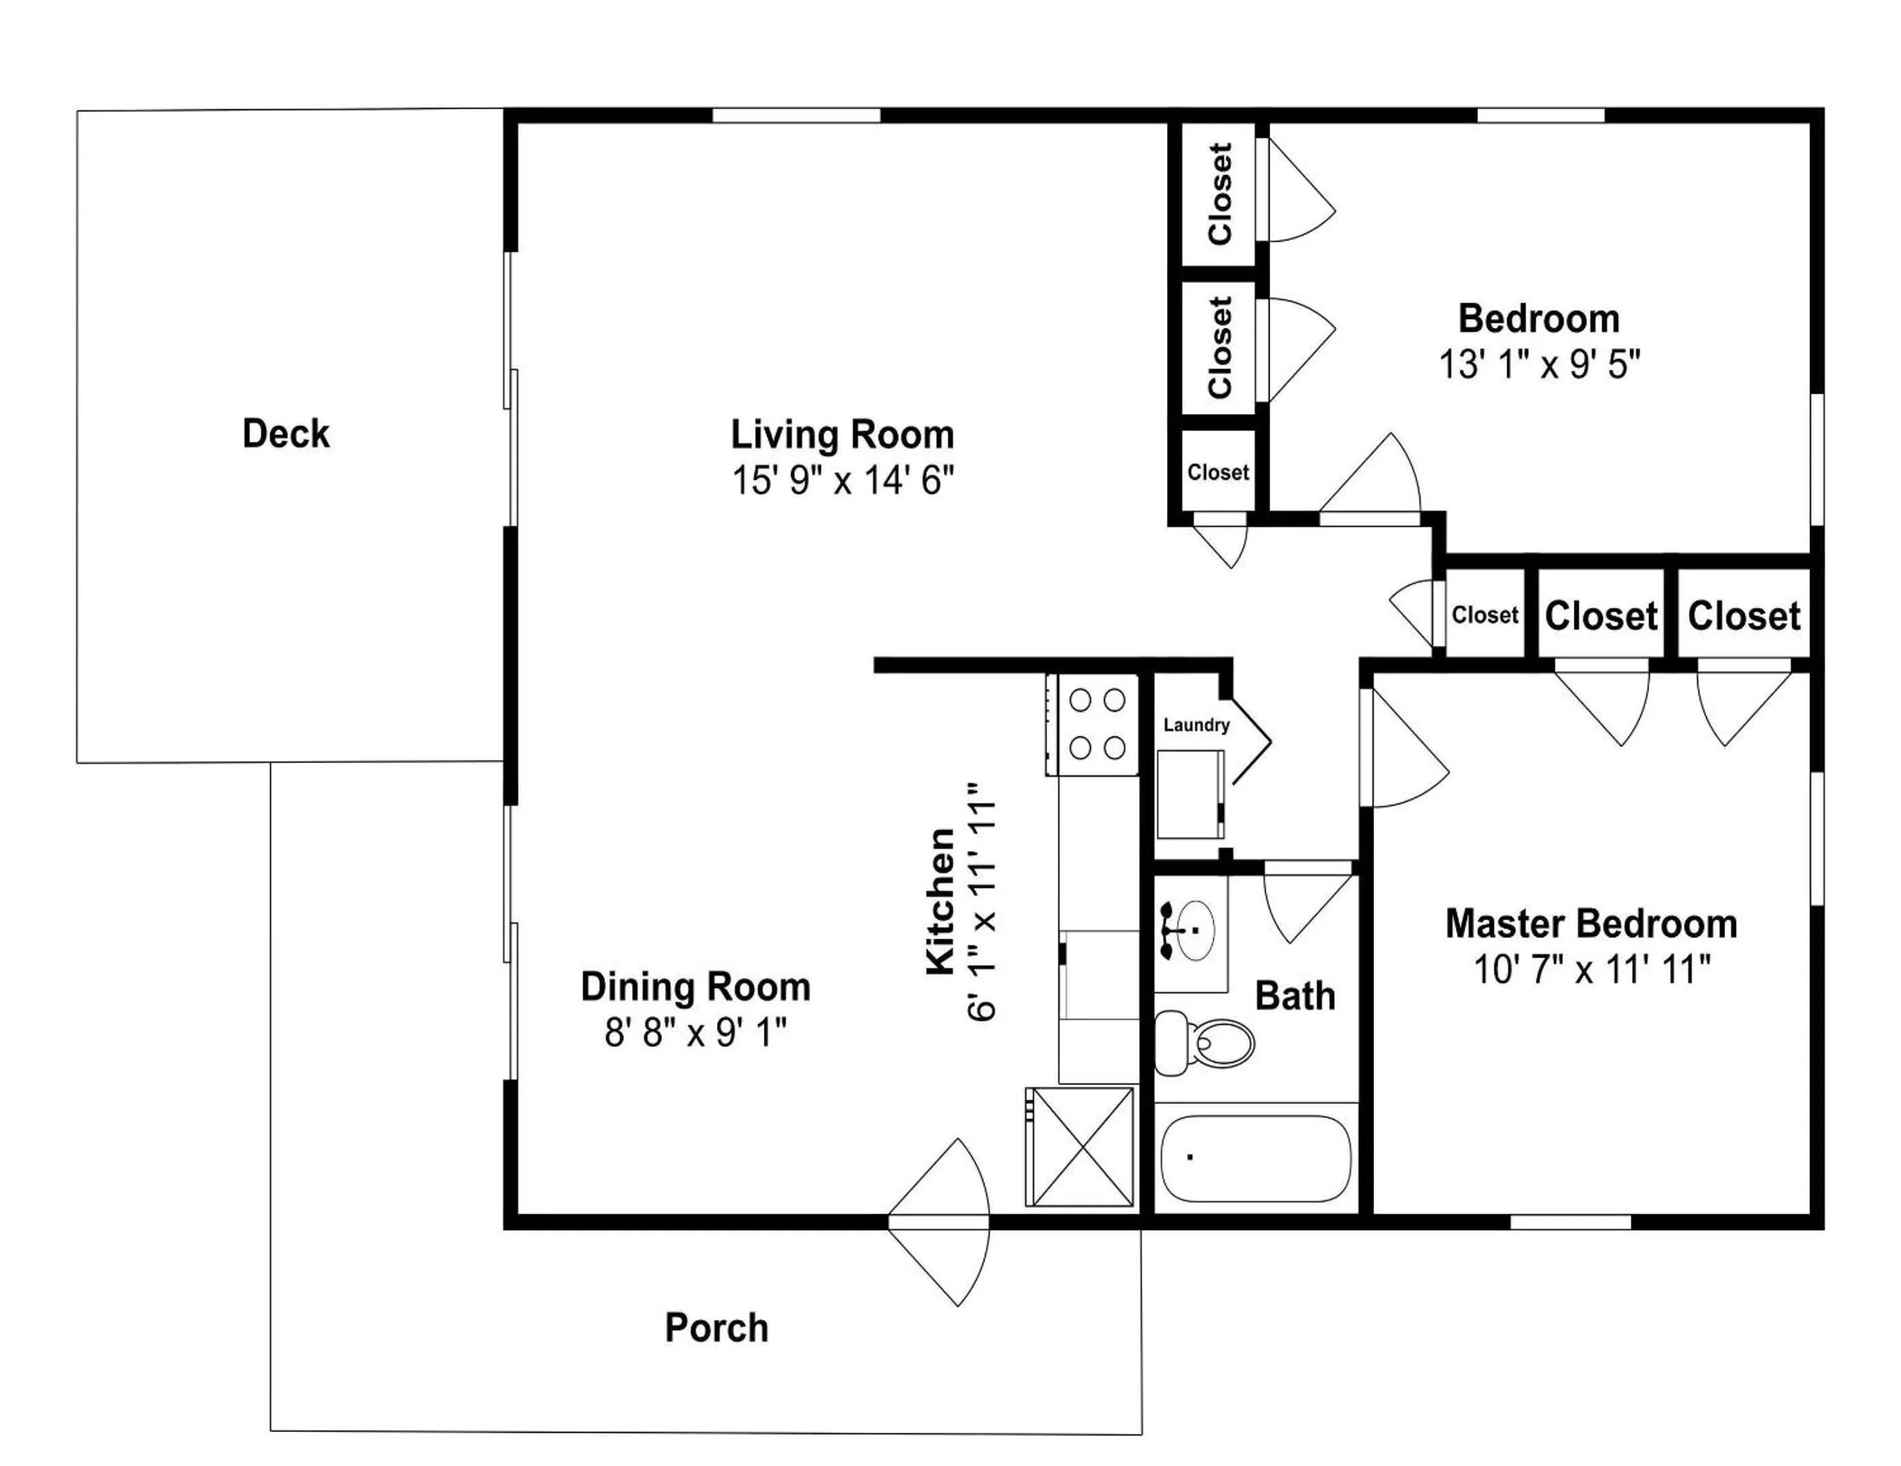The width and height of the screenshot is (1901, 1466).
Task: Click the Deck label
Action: click(x=286, y=433)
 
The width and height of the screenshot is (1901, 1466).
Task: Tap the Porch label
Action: click(x=716, y=1328)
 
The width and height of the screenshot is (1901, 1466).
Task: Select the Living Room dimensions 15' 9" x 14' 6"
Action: click(x=842, y=481)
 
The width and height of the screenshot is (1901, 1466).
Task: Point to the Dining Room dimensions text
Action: click(x=695, y=1034)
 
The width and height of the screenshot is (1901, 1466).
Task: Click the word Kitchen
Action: click(x=941, y=901)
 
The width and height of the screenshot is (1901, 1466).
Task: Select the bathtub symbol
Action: click(x=1256, y=1158)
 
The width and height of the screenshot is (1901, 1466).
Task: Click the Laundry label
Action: click(x=1196, y=725)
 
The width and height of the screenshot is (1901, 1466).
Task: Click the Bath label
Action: click(x=1294, y=996)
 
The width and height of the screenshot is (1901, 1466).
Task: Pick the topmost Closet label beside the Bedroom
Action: click(x=1219, y=193)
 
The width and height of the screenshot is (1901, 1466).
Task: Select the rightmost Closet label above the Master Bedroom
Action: click(x=1743, y=616)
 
